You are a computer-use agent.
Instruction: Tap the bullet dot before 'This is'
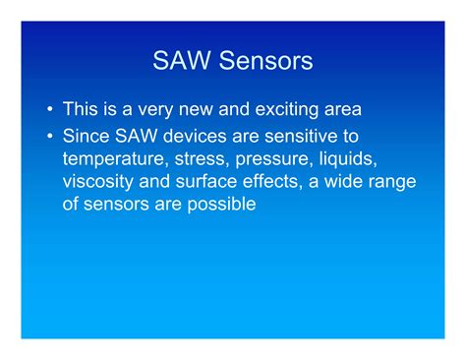[x=47, y=108]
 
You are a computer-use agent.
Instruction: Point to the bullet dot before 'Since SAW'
[x=47, y=134]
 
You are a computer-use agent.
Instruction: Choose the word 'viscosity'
[x=100, y=181]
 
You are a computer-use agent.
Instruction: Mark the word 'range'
[x=392, y=181]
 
